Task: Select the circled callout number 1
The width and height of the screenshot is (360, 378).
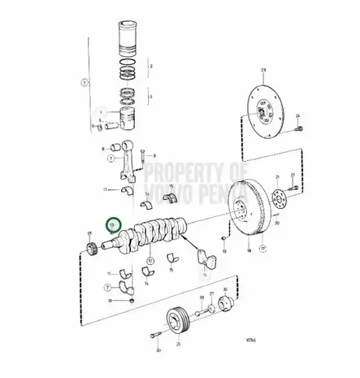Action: tap(83, 81)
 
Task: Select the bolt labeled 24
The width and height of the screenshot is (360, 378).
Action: tap(300, 151)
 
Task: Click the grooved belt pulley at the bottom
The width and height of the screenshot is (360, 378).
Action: tap(179, 318)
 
